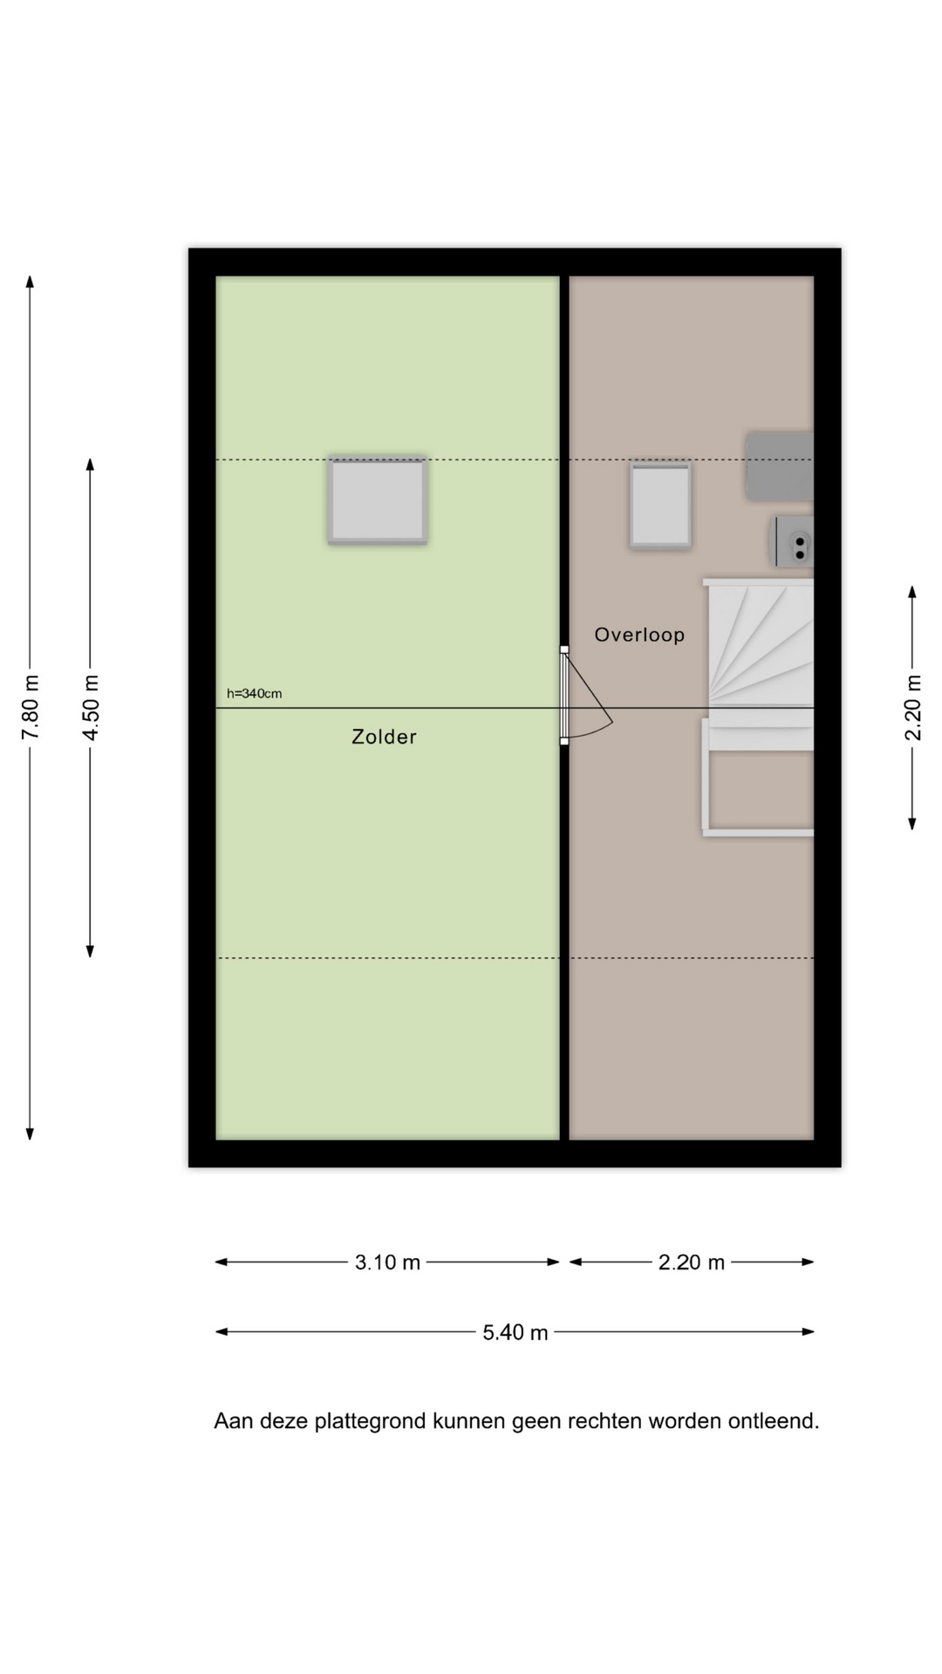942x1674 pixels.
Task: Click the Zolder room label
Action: click(x=384, y=737)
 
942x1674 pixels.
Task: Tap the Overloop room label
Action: click(x=639, y=635)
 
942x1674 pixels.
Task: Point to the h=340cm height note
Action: click(x=254, y=694)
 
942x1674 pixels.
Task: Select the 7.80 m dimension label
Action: click(x=31, y=707)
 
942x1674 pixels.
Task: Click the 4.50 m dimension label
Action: click(x=91, y=707)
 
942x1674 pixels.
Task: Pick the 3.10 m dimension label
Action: click(x=387, y=1262)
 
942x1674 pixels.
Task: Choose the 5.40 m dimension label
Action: click(x=515, y=1332)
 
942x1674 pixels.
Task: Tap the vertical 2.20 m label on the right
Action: click(x=912, y=707)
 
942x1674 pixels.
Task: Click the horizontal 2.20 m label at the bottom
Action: click(x=692, y=1262)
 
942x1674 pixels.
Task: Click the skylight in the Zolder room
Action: click(x=378, y=500)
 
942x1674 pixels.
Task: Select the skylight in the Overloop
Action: click(x=660, y=506)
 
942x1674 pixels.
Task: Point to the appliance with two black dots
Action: click(x=793, y=541)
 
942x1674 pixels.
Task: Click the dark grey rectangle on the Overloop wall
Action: click(x=780, y=466)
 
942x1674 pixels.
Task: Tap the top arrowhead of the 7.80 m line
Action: click(x=30, y=281)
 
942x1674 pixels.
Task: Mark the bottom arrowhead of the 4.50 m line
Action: click(x=90, y=952)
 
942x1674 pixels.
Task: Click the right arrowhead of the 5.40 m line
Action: click(x=809, y=1331)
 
